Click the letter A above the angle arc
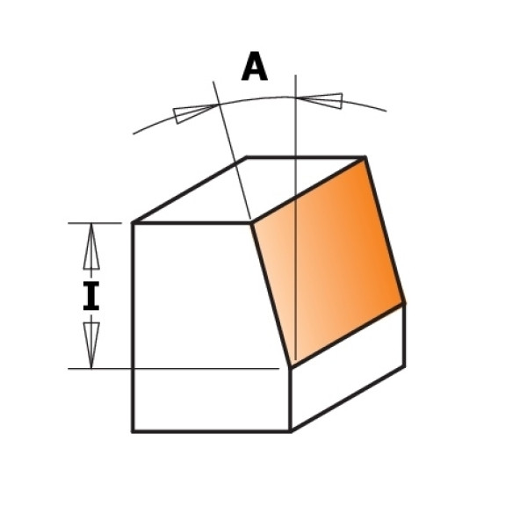(255, 67)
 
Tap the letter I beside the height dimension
(91, 296)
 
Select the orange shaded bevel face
(328, 262)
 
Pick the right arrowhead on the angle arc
(321, 100)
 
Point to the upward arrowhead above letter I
(91, 246)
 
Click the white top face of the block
(249, 190)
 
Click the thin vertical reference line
(295, 218)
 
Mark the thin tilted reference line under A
(232, 150)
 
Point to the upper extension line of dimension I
(95, 223)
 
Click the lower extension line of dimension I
(173, 369)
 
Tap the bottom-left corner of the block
(133, 431)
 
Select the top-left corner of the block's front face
(134, 222)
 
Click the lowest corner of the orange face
(291, 366)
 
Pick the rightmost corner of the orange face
(404, 304)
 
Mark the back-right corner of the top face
(365, 157)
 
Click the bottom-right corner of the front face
(291, 431)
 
